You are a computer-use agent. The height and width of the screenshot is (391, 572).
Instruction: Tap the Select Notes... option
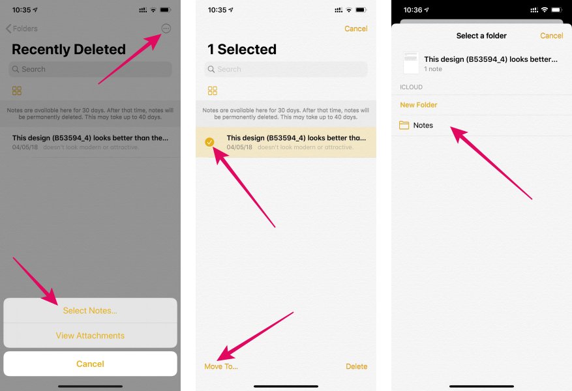coord(90,311)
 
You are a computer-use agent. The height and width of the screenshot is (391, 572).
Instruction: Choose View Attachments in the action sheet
coord(90,336)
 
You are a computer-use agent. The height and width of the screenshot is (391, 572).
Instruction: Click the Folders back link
coord(22,29)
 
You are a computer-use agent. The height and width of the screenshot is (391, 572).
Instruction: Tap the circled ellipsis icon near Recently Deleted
coord(166,29)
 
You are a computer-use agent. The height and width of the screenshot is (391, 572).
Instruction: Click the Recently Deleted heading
coord(68,50)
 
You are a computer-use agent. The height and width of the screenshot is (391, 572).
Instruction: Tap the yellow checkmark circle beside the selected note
coord(209,142)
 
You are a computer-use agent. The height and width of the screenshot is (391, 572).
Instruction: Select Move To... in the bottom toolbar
coord(221,366)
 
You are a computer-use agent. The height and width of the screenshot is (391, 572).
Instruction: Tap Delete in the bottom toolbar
coord(356,366)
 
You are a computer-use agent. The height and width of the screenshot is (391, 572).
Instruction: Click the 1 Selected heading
coord(242,50)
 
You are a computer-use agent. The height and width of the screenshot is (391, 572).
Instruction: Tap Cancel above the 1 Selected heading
coord(355,29)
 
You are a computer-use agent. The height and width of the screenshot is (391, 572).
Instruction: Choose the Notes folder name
coord(423,125)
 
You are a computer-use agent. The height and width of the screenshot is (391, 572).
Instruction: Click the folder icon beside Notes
coord(404,125)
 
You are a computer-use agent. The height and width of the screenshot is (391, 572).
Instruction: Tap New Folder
coord(419,105)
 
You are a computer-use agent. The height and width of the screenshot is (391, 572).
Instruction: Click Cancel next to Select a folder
coord(552,36)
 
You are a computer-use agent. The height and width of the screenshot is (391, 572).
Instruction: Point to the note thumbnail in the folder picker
coord(411,63)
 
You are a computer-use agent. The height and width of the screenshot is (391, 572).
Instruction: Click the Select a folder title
coord(481,36)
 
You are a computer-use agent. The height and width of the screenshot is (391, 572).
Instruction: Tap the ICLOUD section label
coord(412,87)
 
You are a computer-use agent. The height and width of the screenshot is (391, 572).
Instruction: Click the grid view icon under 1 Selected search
coord(213,91)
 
